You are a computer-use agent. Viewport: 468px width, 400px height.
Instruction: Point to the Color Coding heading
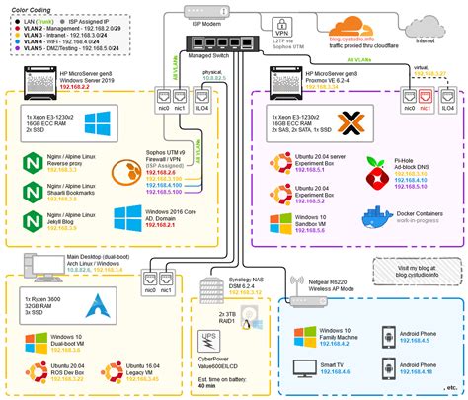(34, 10)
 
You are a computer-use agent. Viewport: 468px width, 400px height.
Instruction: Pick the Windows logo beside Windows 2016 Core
(129, 219)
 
